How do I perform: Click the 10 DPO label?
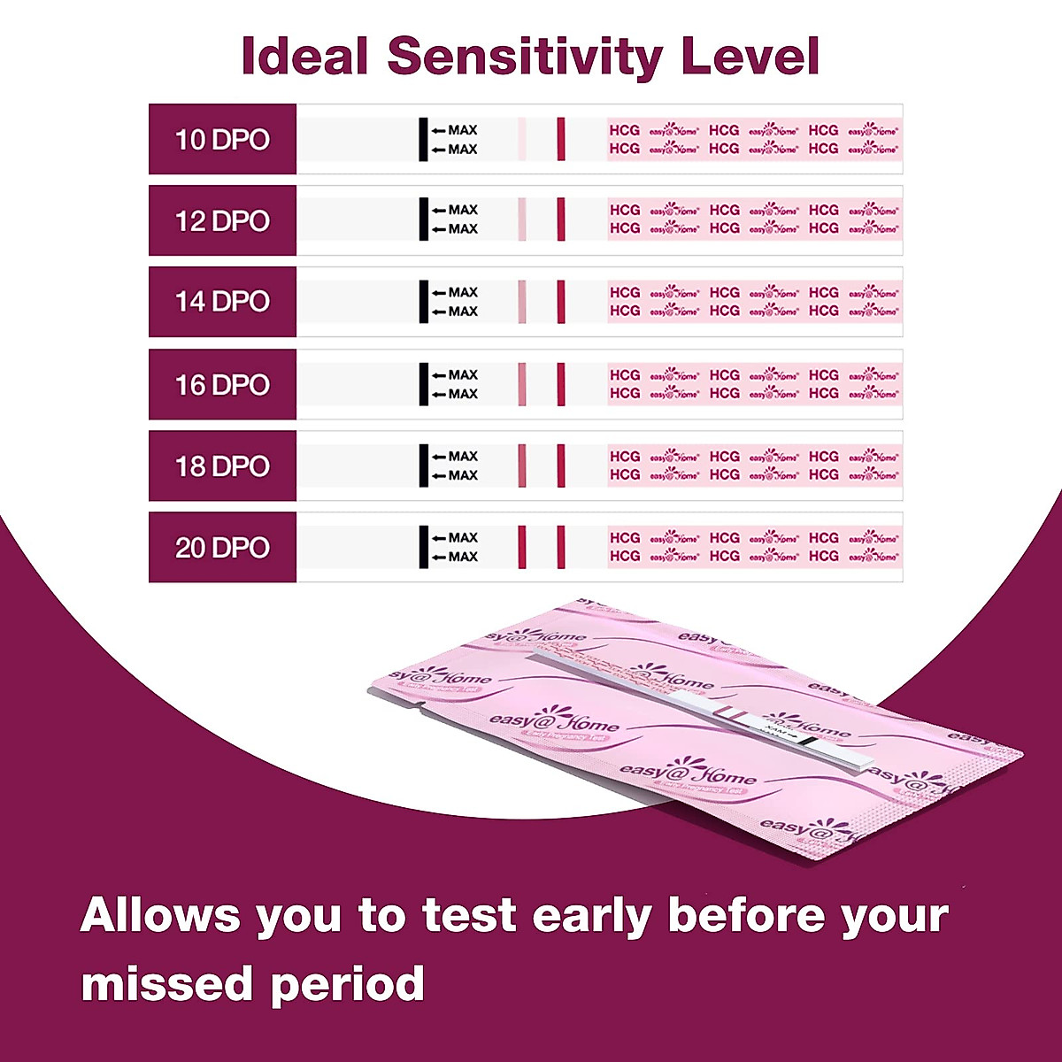coord(222,140)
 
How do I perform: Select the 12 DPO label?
coord(222,220)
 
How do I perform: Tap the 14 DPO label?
coord(222,302)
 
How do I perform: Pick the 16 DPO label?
coord(222,385)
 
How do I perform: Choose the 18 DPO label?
coord(222,466)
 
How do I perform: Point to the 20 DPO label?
coord(222,548)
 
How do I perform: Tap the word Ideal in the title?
coord(304,56)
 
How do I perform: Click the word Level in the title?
coord(748,56)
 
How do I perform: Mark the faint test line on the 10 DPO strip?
coord(522,139)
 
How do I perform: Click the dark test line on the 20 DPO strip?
coord(522,547)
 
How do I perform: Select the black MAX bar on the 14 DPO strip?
coord(423,301)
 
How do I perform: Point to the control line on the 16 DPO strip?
coord(561,384)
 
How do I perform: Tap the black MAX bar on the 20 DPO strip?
coord(423,547)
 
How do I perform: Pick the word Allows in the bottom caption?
coord(159,915)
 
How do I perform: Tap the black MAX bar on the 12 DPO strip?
coord(423,219)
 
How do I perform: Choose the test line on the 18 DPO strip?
coord(522,466)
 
